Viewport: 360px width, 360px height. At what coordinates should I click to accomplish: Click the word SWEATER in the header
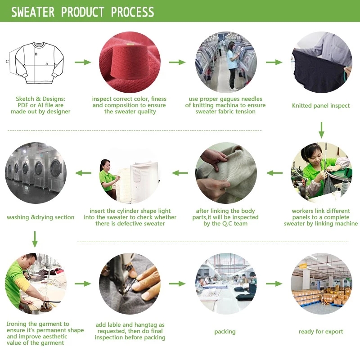click(33, 12)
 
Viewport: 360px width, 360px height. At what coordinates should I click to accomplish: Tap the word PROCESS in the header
click(132, 12)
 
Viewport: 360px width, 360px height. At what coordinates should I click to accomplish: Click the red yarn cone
click(127, 62)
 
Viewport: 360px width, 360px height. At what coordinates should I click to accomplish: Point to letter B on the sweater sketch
click(36, 54)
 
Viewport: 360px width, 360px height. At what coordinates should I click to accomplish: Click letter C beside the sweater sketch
click(7, 61)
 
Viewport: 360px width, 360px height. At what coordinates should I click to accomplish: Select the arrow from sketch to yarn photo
click(83, 62)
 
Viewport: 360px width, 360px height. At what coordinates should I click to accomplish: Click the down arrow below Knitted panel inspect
click(321, 130)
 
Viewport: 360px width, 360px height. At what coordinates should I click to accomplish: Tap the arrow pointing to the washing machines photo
click(83, 173)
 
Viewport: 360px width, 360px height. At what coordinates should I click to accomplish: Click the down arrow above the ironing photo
click(35, 239)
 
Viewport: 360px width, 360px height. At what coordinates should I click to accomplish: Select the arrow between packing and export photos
click(274, 284)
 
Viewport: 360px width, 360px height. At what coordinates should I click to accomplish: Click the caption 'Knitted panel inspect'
click(321, 106)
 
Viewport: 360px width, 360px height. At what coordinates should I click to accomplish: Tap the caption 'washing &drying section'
click(40, 217)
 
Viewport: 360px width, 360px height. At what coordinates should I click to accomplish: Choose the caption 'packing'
click(225, 332)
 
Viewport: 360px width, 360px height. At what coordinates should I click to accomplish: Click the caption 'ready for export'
click(321, 332)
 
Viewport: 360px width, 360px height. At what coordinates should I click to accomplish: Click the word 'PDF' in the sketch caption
click(23, 105)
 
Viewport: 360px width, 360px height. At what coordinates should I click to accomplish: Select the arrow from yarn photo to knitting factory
click(177, 62)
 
